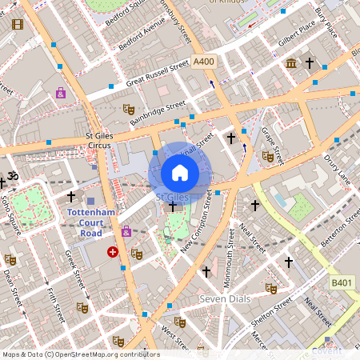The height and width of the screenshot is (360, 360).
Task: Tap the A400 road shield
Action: coord(202,62)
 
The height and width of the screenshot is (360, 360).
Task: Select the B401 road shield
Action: coord(342,282)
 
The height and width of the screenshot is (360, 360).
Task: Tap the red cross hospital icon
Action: coord(113,251)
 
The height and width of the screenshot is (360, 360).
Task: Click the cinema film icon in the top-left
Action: coord(18,24)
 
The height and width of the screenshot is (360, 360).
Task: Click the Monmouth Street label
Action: coord(230,261)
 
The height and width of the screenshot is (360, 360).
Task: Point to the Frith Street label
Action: coord(54,300)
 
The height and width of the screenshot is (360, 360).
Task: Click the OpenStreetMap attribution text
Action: coord(80,354)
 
